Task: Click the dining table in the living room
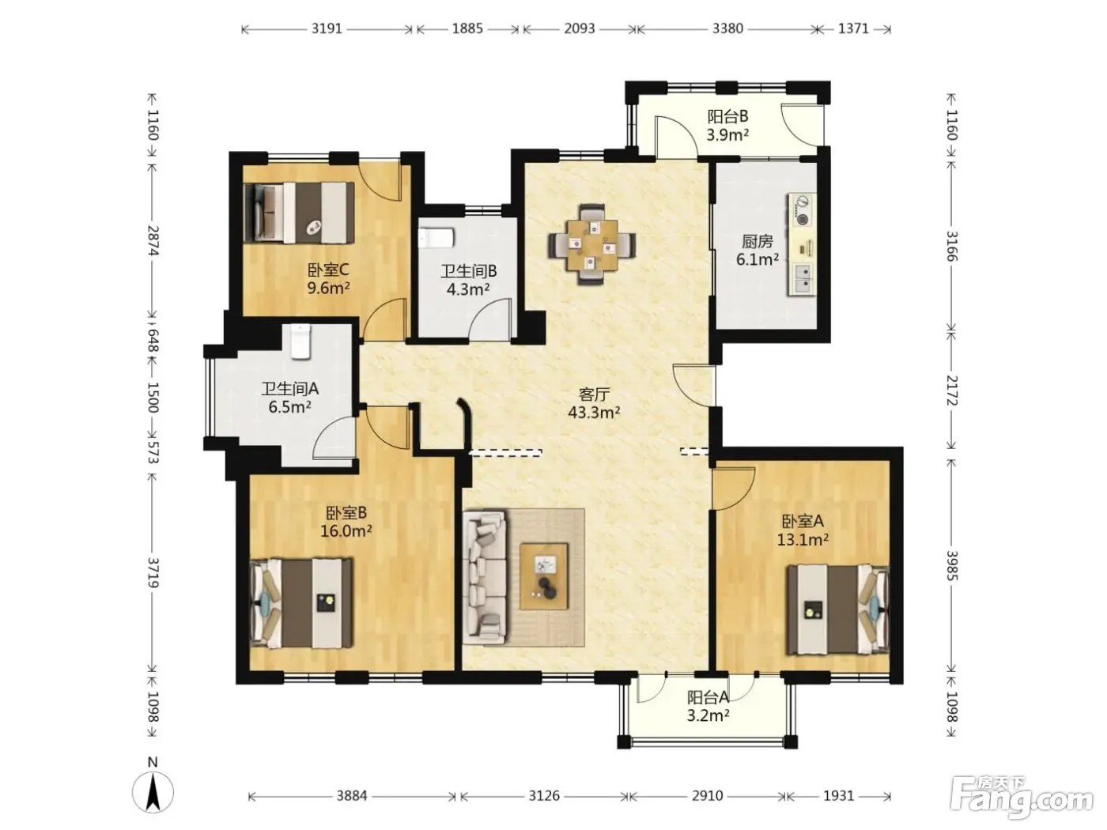click(x=592, y=245)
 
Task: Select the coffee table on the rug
click(x=544, y=576)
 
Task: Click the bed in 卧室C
click(x=299, y=212)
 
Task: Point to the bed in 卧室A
click(x=837, y=609)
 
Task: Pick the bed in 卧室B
click(x=301, y=602)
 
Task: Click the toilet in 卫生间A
click(x=300, y=341)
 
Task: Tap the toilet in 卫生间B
click(x=436, y=238)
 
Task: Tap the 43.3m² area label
click(x=594, y=413)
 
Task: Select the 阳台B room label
click(x=727, y=117)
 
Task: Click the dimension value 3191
click(x=327, y=28)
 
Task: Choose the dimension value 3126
click(x=544, y=796)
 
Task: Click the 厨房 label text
click(x=757, y=242)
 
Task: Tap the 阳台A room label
click(x=708, y=697)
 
